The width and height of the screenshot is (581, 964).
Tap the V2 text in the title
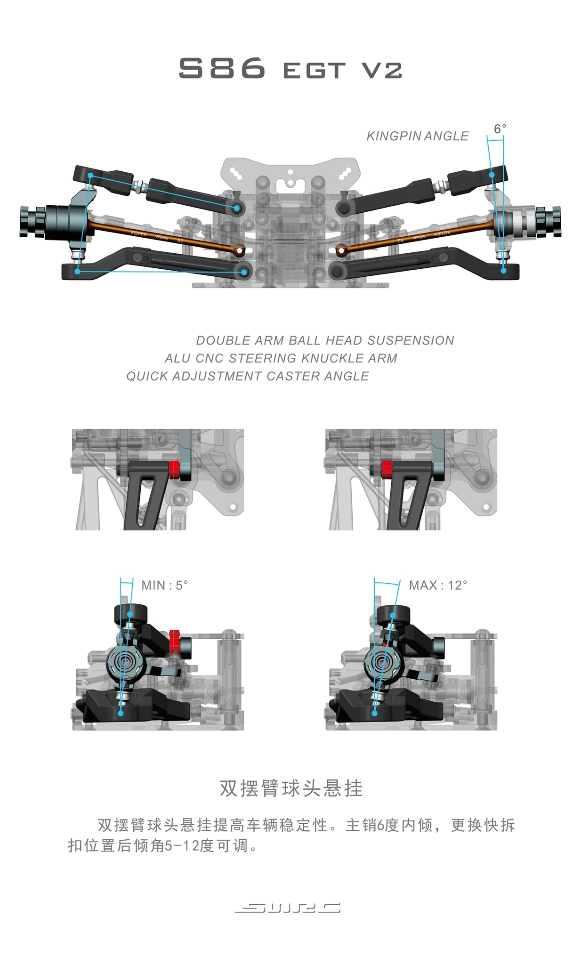click(382, 71)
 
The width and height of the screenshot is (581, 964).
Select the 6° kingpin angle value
click(500, 129)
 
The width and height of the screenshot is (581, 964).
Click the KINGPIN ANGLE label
click(418, 137)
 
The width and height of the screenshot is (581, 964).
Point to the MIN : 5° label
click(165, 586)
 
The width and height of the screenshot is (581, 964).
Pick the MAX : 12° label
click(438, 586)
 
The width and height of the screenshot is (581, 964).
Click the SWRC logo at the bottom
click(288, 908)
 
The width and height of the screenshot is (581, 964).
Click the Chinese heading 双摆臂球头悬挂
click(291, 788)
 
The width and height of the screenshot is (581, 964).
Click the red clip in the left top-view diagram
click(174, 469)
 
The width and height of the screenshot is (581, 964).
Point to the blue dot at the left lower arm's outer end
click(78, 271)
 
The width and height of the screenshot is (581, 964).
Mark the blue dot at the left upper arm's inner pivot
click(237, 208)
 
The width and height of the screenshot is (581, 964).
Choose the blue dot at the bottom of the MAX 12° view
click(375, 713)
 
